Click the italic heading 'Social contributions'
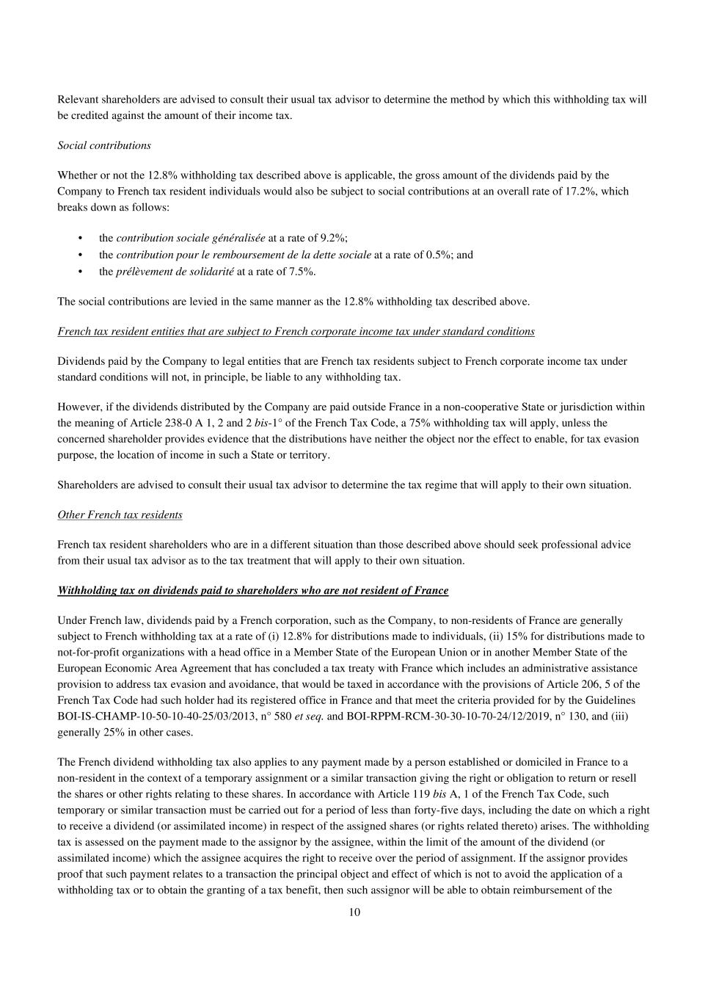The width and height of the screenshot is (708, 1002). click(104, 145)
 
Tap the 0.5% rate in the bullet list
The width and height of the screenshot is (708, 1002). click(439, 255)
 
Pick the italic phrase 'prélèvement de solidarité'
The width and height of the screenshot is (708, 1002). click(175, 272)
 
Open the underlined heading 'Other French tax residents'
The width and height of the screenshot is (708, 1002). click(120, 515)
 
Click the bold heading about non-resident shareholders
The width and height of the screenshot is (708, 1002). click(253, 590)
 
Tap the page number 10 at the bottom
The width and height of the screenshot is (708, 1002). click(354, 912)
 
